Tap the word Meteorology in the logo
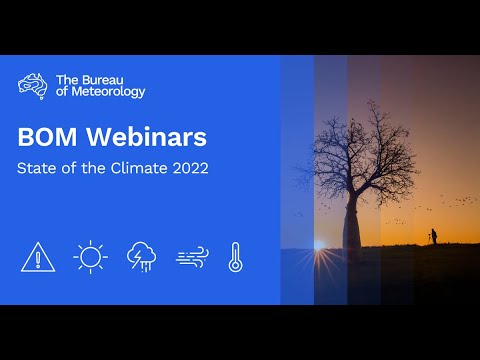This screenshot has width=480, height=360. [x=109, y=92]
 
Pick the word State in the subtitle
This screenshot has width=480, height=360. [x=35, y=168]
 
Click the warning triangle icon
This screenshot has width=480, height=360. [x=38, y=257]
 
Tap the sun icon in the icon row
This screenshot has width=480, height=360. [x=90, y=257]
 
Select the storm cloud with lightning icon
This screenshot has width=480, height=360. [x=141, y=257]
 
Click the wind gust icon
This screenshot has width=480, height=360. [x=192, y=258]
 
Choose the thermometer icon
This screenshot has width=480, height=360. [x=235, y=257]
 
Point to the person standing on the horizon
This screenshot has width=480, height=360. [x=433, y=236]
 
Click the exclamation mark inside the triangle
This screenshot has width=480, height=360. [x=38, y=260]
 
